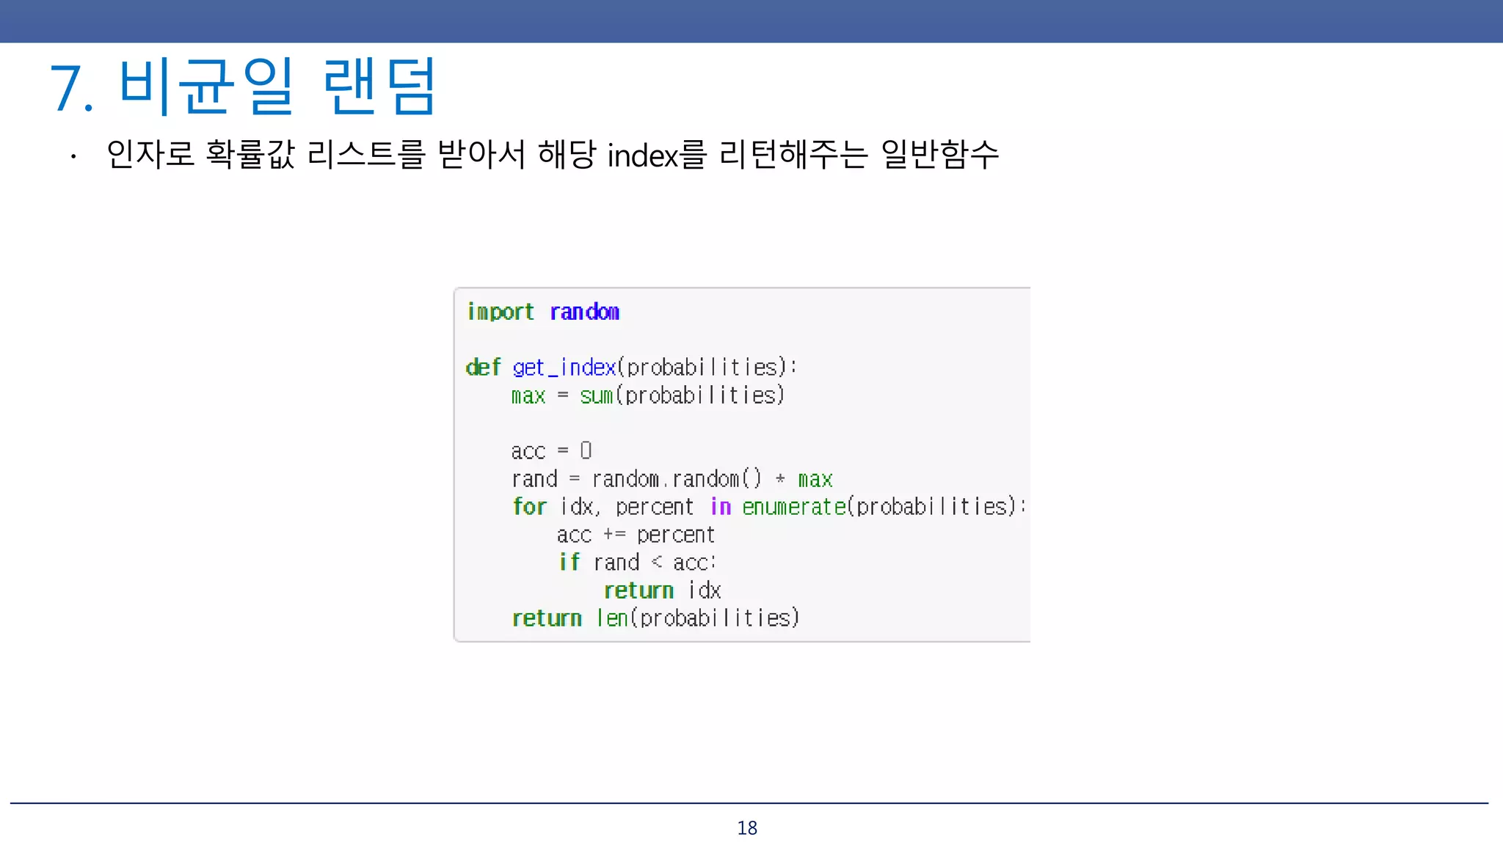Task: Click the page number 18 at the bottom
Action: [747, 828]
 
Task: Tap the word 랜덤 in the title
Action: [380, 87]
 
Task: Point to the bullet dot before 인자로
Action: [73, 156]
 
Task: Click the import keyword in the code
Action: [501, 312]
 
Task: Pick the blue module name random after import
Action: [585, 312]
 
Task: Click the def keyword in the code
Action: [483, 367]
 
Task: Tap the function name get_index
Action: [564, 367]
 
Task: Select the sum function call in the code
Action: [596, 395]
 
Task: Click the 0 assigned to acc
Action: [586, 450]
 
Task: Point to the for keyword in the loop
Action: [529, 507]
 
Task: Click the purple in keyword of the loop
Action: [721, 507]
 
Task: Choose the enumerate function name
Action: [793, 507]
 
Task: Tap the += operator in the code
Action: [614, 535]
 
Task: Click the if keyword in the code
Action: [569, 563]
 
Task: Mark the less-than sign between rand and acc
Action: [657, 563]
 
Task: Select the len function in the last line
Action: [612, 618]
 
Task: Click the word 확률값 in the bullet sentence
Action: [250, 155]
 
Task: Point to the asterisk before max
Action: [780, 479]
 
